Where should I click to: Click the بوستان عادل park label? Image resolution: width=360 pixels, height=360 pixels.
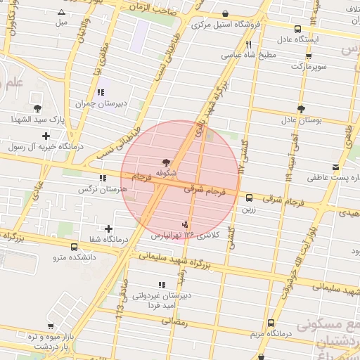click(x=301, y=121)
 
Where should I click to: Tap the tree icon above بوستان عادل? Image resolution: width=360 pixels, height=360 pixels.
click(x=301, y=109)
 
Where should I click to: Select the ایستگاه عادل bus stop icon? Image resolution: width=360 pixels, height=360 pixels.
click(x=298, y=30)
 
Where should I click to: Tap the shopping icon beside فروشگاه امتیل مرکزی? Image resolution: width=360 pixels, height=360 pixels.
click(x=225, y=14)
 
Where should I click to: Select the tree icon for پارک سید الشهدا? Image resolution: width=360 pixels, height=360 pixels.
click(x=37, y=108)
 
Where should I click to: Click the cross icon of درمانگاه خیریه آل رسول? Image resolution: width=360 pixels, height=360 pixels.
click(x=46, y=136)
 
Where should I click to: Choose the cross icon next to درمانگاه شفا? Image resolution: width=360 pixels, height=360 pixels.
click(x=108, y=229)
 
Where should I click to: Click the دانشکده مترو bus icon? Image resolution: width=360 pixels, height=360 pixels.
click(x=75, y=247)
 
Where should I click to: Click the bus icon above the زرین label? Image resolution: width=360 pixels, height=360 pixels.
click(x=249, y=198)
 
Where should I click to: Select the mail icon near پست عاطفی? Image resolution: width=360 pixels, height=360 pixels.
click(x=335, y=167)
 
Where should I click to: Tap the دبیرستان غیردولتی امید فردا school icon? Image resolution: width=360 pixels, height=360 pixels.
click(x=162, y=285)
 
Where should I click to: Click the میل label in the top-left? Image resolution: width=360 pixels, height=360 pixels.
click(x=62, y=22)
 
